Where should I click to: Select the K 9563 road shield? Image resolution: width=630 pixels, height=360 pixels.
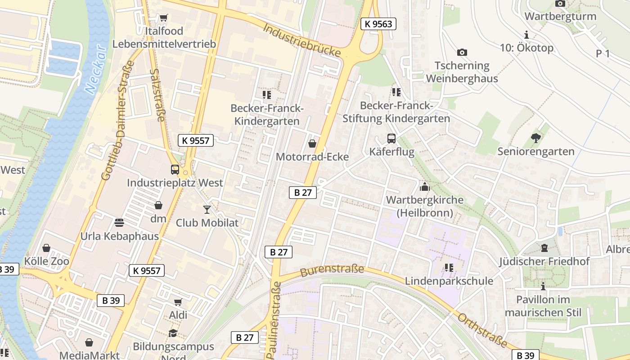tap(378, 24)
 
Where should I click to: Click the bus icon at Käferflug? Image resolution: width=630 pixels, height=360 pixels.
tap(391, 138)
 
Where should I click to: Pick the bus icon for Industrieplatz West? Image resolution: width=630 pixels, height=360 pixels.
tap(175, 169)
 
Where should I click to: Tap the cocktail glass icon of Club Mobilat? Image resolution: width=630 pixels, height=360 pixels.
tap(207, 209)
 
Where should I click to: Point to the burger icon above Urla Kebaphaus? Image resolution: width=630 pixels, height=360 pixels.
tap(119, 223)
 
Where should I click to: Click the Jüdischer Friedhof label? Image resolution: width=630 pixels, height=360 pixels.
tap(544, 261)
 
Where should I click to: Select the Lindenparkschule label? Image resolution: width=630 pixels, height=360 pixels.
tap(449, 281)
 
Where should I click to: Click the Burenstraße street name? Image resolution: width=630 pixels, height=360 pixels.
tap(332, 270)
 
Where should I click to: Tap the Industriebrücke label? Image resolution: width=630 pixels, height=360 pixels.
tap(301, 40)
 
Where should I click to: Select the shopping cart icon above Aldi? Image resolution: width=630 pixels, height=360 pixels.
tap(178, 302)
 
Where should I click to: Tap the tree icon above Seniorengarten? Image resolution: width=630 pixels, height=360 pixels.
tap(535, 138)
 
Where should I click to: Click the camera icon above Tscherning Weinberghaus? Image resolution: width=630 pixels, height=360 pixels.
tap(462, 52)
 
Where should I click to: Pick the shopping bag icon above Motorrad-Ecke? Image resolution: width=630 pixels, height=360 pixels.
tap(312, 144)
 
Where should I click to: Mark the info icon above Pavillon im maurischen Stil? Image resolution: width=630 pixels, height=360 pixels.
tap(543, 286)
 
